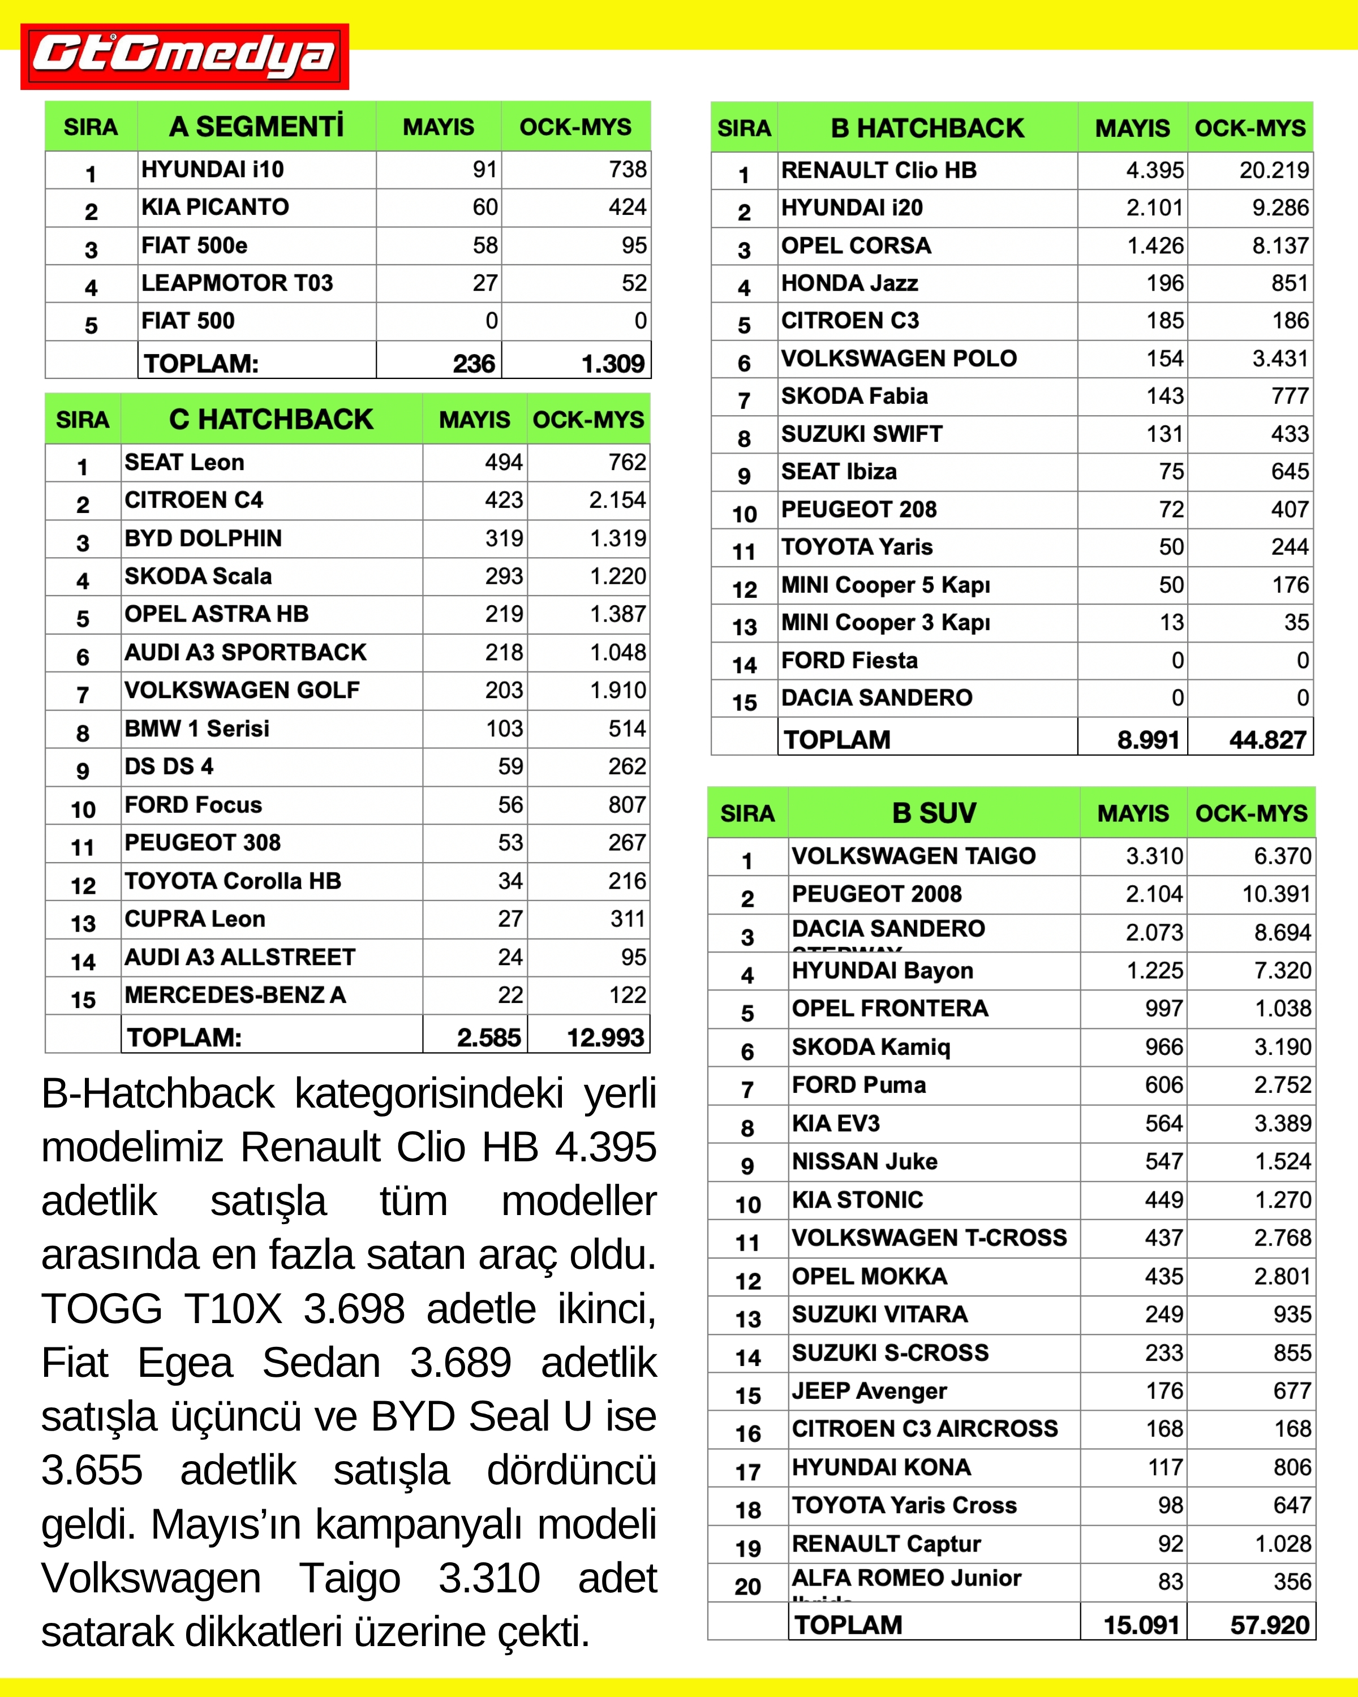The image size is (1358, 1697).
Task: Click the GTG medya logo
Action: [x=184, y=57]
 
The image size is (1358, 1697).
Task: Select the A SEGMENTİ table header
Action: [x=257, y=127]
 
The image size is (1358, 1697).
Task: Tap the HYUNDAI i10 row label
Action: [x=213, y=169]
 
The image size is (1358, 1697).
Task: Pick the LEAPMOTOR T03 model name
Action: [x=237, y=283]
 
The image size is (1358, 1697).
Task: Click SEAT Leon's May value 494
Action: [x=503, y=462]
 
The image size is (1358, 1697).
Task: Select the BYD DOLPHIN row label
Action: [x=203, y=539]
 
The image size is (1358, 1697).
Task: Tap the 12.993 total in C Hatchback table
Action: [x=605, y=1037]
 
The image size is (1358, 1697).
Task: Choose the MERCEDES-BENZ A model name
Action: [x=235, y=995]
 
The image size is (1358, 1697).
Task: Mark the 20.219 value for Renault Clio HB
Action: [x=1274, y=170]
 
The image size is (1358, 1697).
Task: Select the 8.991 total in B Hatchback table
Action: [x=1148, y=740]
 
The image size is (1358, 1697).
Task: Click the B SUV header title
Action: [x=934, y=813]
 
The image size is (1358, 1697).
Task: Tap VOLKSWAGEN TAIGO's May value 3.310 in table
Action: [x=1154, y=856]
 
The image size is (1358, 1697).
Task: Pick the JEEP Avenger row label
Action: [x=869, y=1391]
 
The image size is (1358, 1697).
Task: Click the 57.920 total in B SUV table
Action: [x=1269, y=1625]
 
